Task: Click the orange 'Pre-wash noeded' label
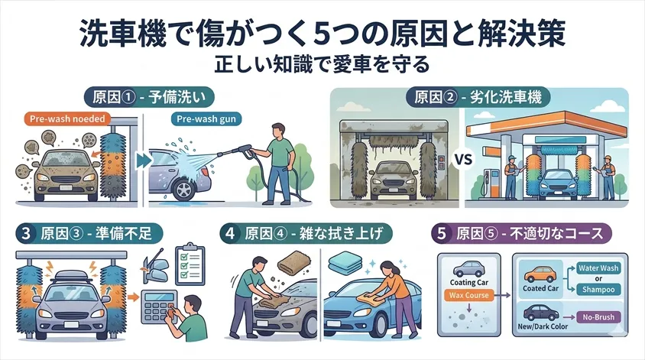(66, 119)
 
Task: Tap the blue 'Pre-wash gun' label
(197, 119)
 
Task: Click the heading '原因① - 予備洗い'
(150, 97)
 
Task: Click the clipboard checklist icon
(187, 262)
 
